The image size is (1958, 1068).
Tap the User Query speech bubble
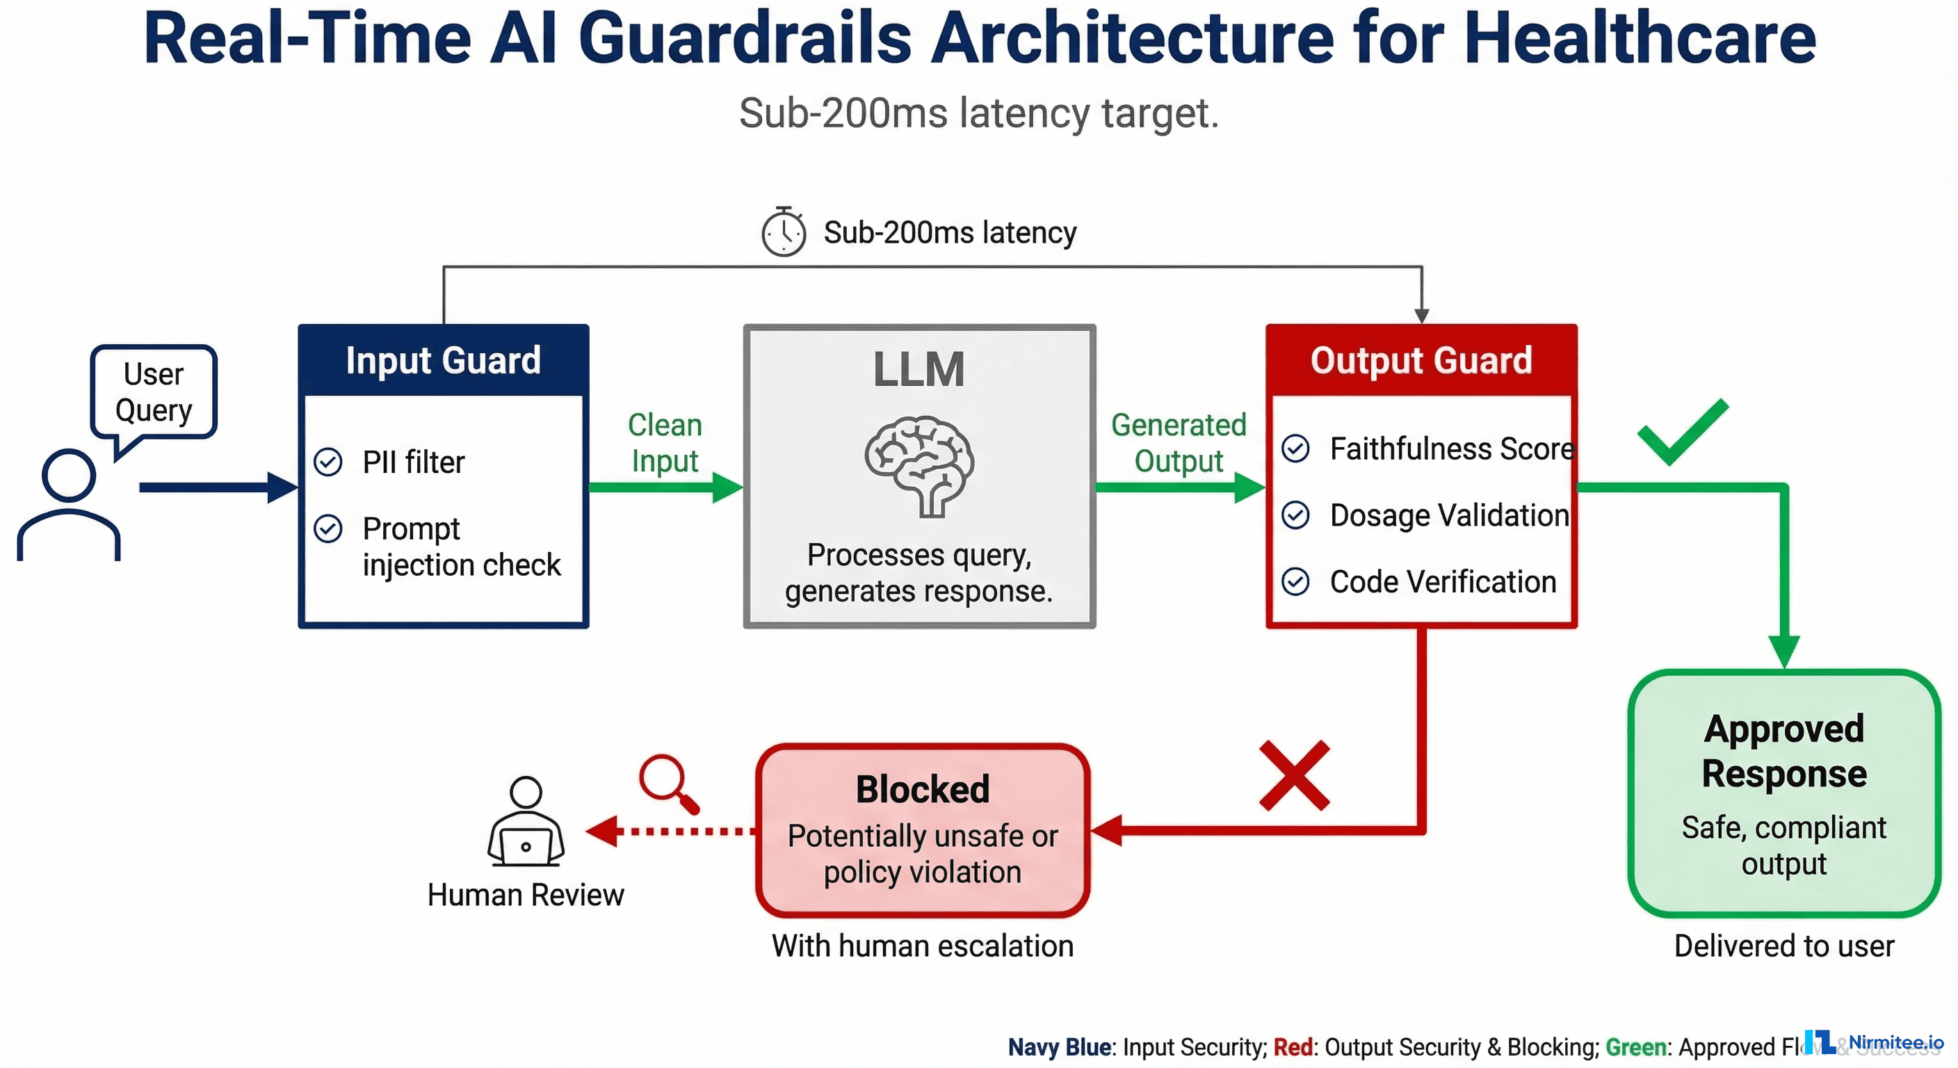click(x=154, y=392)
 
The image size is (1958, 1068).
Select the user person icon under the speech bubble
click(x=68, y=504)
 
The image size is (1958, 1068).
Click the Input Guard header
click(x=443, y=360)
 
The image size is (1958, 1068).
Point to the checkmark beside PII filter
click(x=328, y=462)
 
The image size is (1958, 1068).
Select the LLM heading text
click(x=919, y=369)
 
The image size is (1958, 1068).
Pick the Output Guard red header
click(x=1421, y=360)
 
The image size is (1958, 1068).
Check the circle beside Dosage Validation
click(x=1296, y=515)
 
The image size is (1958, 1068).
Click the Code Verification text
click(x=1443, y=582)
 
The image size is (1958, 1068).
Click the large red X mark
click(x=1295, y=775)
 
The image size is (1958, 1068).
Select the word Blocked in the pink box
click(x=923, y=789)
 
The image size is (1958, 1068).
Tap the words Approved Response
click(x=1784, y=751)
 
